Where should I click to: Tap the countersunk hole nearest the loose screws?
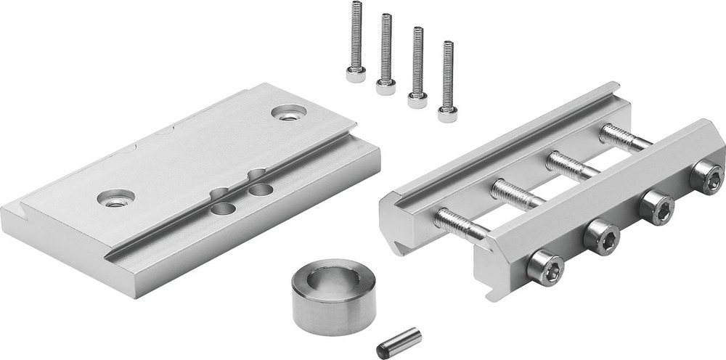[289, 112]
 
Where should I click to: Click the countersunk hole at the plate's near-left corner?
[114, 197]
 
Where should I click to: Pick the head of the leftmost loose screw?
[356, 74]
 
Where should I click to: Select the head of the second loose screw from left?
[386, 87]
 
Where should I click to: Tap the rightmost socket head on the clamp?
[706, 176]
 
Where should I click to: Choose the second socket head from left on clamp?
[603, 235]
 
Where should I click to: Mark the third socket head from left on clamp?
[656, 206]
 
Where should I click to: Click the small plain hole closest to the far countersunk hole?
[258, 175]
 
